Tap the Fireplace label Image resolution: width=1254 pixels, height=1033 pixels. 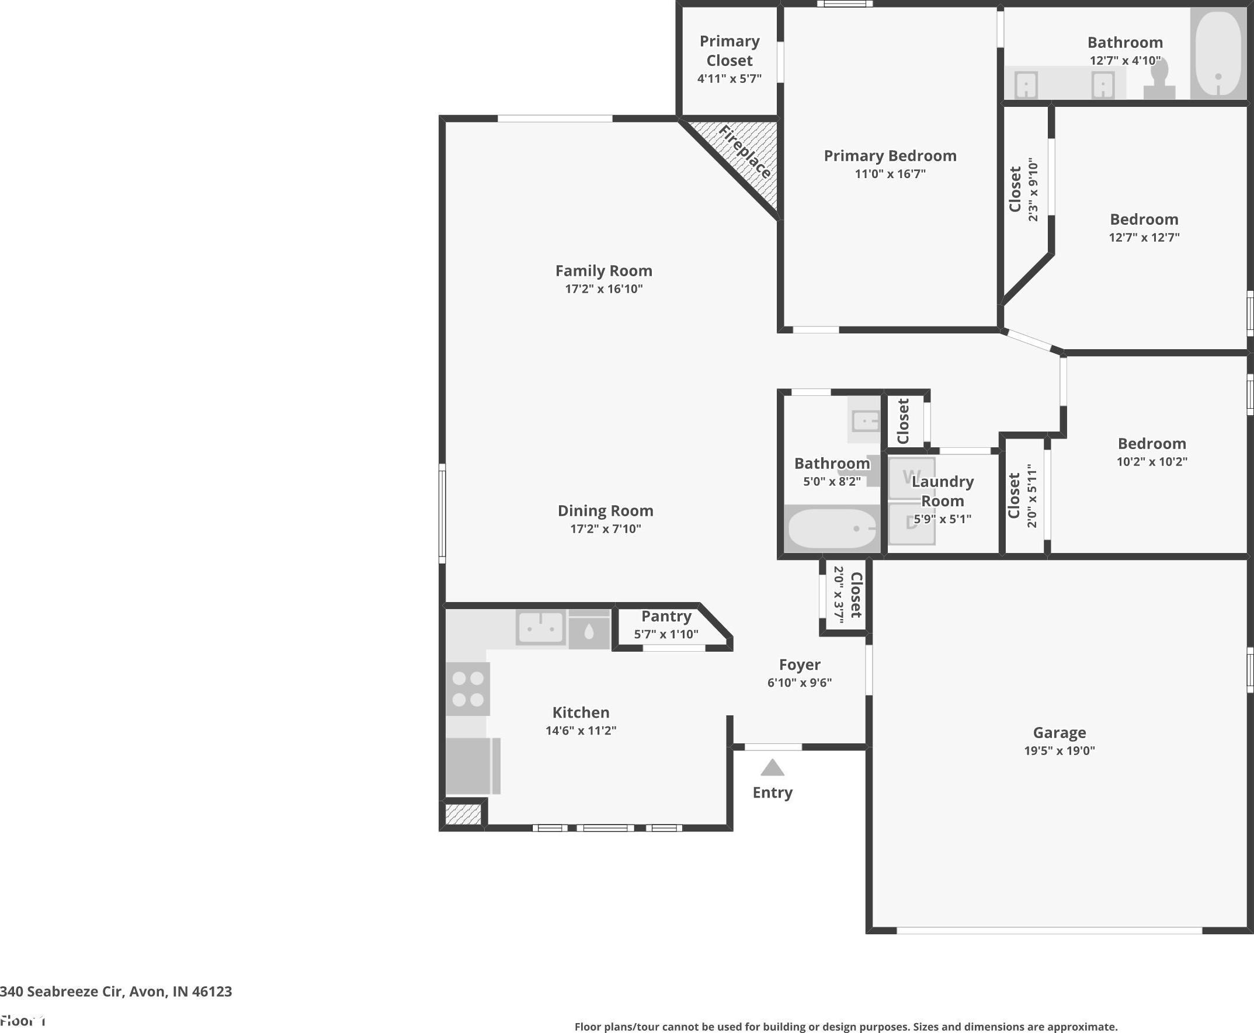pyautogui.click(x=745, y=152)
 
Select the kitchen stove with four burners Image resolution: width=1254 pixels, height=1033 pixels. pyautogui.click(x=468, y=688)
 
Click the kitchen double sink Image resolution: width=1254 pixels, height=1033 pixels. pyautogui.click(x=540, y=627)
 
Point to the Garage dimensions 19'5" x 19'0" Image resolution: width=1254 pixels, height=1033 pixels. pyautogui.click(x=1060, y=750)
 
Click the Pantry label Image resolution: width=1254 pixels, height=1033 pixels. pyautogui.click(x=666, y=616)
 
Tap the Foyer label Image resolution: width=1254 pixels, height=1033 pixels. pyautogui.click(x=799, y=664)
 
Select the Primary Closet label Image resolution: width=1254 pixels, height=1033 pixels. pyautogui.click(x=730, y=51)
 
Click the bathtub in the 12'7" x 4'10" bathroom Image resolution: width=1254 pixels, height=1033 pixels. pyautogui.click(x=1218, y=54)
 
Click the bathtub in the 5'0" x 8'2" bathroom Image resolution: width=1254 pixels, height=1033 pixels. pyautogui.click(x=832, y=528)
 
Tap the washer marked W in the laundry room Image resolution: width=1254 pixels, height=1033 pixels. pyautogui.click(x=911, y=478)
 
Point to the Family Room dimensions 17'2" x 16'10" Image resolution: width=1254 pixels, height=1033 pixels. pyautogui.click(x=603, y=288)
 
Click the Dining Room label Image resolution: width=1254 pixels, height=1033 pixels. pyautogui.click(x=605, y=510)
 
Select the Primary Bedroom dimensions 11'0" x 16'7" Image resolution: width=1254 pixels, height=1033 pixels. pyautogui.click(x=890, y=174)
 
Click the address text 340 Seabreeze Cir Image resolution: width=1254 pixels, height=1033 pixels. pyautogui.click(x=62, y=992)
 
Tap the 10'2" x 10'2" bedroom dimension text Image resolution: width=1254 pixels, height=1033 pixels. pyautogui.click(x=1152, y=461)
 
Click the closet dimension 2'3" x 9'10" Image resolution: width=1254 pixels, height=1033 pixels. pyautogui.click(x=1033, y=189)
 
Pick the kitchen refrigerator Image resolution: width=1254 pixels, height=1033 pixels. pyautogui.click(x=473, y=766)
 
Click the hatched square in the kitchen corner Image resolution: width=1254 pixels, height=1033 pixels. pyautogui.click(x=463, y=814)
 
